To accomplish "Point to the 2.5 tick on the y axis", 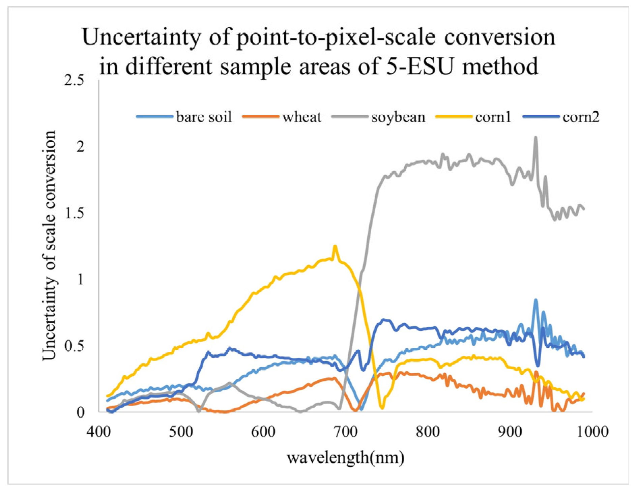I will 74,81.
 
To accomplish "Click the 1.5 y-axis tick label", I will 74,213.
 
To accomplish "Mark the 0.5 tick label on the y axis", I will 74,346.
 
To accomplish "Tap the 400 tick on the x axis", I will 99,432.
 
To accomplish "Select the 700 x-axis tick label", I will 346,432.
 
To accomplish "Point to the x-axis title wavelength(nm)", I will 346,458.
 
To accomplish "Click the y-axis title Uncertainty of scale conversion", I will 49,245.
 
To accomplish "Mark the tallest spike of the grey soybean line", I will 535,138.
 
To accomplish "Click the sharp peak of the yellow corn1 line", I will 335,246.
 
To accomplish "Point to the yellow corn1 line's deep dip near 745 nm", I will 382,408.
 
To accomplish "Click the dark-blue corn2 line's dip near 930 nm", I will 538,366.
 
